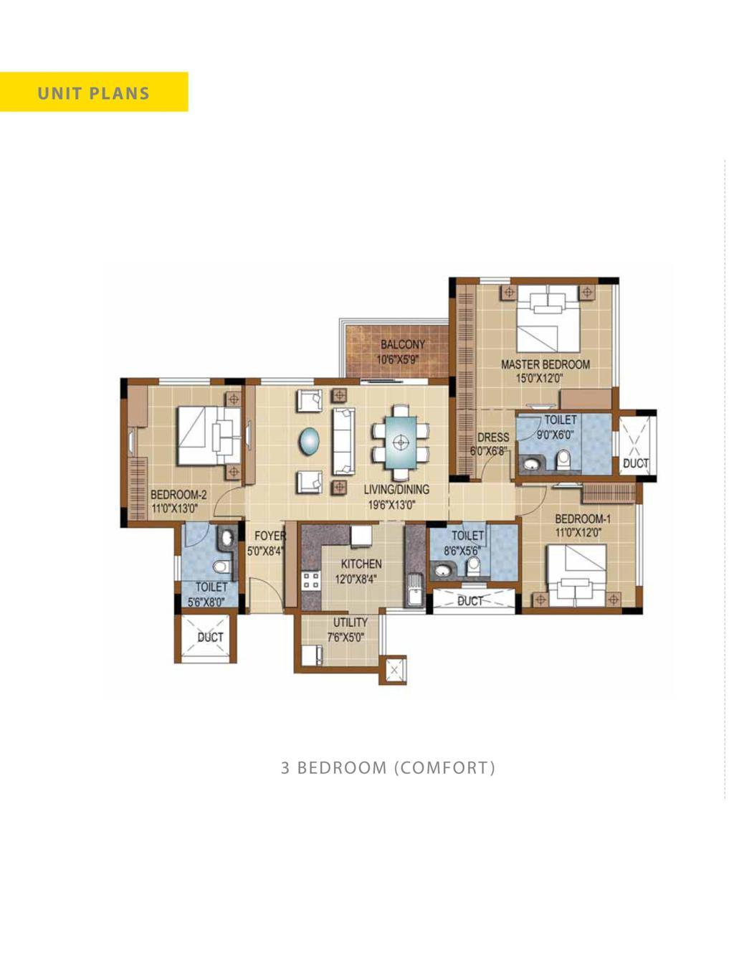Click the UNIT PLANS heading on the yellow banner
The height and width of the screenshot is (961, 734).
point(94,93)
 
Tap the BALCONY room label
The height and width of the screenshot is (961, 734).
point(402,344)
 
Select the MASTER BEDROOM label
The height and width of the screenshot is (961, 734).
point(545,364)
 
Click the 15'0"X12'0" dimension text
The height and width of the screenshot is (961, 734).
point(539,378)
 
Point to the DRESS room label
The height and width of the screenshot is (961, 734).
point(493,437)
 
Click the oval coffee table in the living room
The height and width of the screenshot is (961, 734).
point(309,441)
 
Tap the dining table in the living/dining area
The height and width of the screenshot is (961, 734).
point(400,442)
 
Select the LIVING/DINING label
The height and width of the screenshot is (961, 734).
point(396,490)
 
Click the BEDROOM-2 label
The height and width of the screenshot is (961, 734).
point(178,495)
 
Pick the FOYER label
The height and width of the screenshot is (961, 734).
point(270,536)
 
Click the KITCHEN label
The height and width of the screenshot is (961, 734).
point(361,564)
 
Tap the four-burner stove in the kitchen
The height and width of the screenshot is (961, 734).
point(310,581)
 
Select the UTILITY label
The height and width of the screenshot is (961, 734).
point(351,622)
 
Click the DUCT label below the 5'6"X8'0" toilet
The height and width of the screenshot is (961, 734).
point(211,638)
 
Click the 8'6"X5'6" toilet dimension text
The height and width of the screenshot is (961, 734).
point(462,551)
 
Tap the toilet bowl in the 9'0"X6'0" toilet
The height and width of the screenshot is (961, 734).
point(563,461)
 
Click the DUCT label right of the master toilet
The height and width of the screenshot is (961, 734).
point(636,463)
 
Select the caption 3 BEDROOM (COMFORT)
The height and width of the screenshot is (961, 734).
point(388,768)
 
